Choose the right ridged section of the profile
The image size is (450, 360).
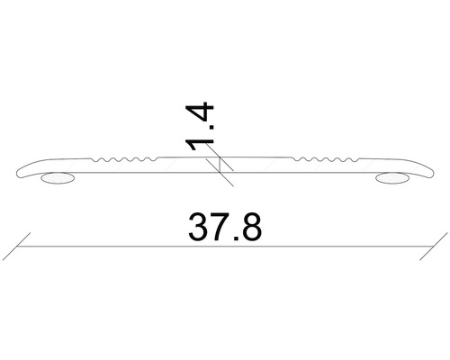(322, 162)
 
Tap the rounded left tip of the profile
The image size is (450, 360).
(22, 171)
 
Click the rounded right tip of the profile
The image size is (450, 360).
(428, 171)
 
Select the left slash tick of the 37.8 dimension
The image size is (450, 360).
(22, 246)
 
